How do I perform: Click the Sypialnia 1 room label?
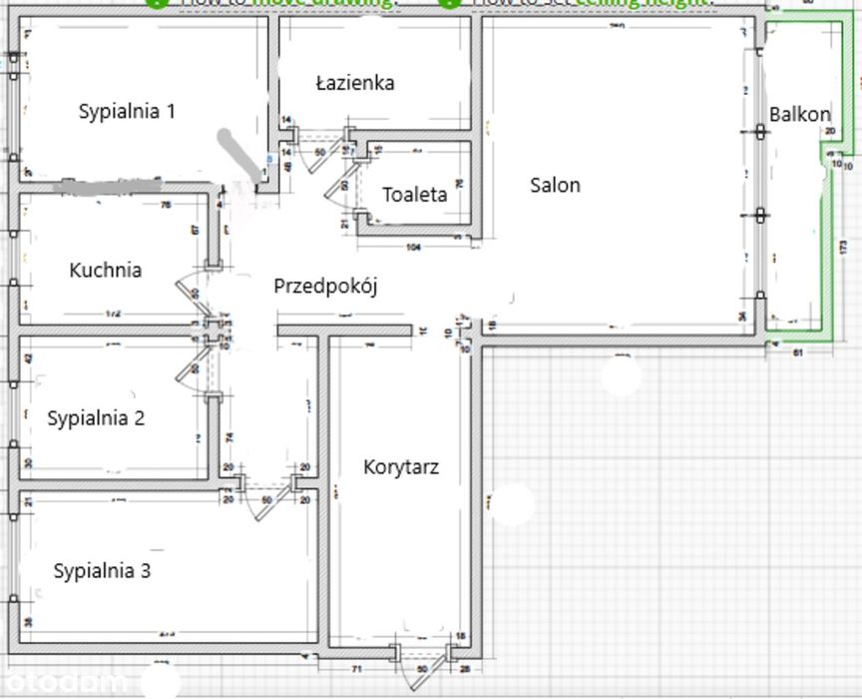(127, 112)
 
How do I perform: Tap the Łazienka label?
(354, 83)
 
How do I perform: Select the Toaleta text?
(414, 195)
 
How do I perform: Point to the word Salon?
(555, 185)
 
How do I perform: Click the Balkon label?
(799, 115)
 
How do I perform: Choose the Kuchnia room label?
(105, 270)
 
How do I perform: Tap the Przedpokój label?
(326, 287)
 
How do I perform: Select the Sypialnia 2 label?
(110, 418)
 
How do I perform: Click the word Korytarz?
(401, 466)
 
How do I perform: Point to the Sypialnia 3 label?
(102, 571)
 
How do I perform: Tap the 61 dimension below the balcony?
(798, 353)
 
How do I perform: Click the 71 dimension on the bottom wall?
(355, 668)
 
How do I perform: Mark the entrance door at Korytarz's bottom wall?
(421, 671)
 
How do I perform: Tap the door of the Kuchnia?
(190, 292)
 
